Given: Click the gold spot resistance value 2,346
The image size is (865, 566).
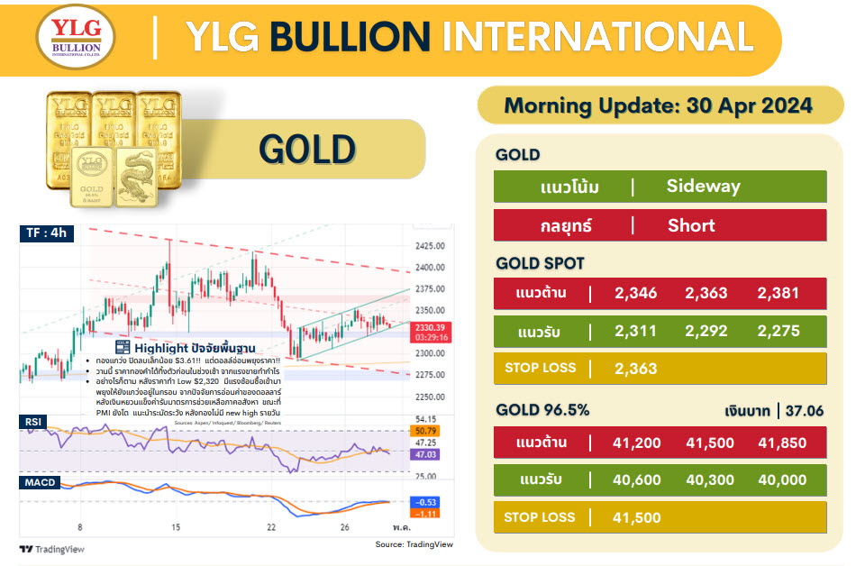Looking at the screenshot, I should pyautogui.click(x=635, y=293).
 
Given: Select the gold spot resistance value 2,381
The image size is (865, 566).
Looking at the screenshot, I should pyautogui.click(x=778, y=293).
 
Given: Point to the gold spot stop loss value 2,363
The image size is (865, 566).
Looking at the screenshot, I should pyautogui.click(x=635, y=368).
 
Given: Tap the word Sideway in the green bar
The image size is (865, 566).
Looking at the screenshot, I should pyautogui.click(x=703, y=187).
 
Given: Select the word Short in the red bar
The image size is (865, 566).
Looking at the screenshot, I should pyautogui.click(x=691, y=225).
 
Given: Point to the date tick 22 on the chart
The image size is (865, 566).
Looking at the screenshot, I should pyautogui.click(x=271, y=527).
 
